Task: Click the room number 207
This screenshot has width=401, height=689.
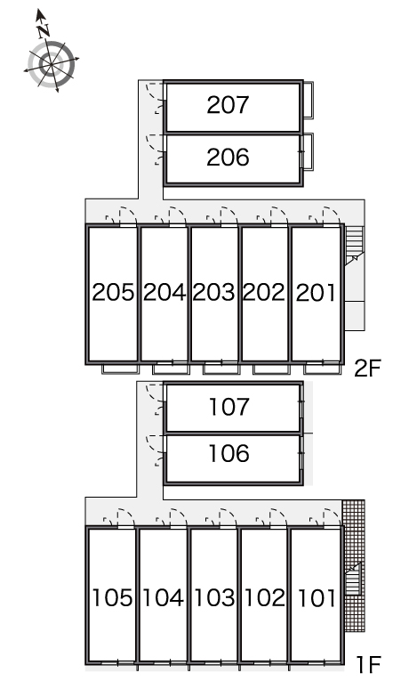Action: pos(228,105)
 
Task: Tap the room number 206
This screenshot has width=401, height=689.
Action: pos(228,158)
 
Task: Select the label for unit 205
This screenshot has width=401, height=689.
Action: pos(113,293)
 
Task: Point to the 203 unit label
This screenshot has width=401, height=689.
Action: pos(214,293)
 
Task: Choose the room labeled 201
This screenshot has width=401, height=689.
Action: pos(316,293)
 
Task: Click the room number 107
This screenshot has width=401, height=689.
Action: pos(229,407)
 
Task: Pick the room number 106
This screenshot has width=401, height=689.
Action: pos(229,453)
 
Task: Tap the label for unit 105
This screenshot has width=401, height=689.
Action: pos(112,598)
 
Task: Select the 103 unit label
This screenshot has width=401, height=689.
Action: pos(214,598)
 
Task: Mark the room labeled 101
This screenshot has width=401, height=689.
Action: pos(317,598)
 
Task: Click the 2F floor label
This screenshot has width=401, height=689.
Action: pos(367,369)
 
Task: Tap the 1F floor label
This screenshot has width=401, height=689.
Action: pos(368,664)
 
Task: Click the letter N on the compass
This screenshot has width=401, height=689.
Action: pos(43,31)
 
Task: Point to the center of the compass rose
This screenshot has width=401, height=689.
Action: pos(52,65)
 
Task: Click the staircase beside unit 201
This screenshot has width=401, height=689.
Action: pos(355,245)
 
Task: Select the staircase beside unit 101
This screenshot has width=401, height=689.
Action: pos(354,579)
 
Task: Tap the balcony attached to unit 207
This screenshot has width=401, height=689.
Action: pos(309,100)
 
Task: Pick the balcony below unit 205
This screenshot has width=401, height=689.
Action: pos(120,369)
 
